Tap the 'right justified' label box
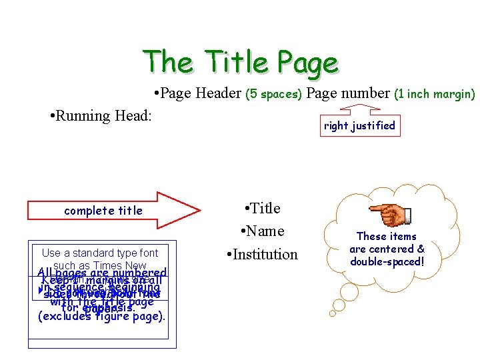[x=359, y=125]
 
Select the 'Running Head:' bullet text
[x=101, y=116]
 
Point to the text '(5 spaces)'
[x=274, y=95]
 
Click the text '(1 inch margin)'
[x=434, y=95]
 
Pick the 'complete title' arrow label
[x=103, y=211]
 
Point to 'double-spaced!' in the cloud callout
[x=387, y=261]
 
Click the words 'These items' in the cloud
[x=387, y=237]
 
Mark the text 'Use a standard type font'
[x=100, y=253]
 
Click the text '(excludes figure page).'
[x=101, y=317]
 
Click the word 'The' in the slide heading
[x=168, y=62]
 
